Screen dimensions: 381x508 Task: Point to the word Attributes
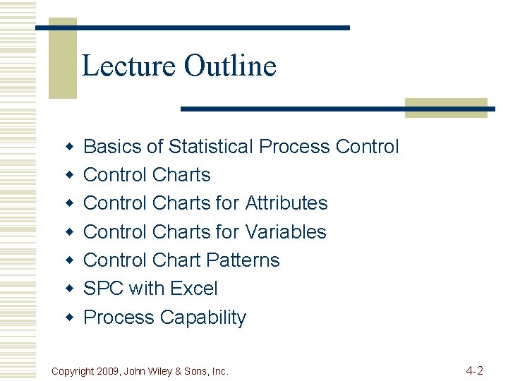pyautogui.click(x=286, y=203)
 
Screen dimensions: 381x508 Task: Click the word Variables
pyautogui.click(x=286, y=231)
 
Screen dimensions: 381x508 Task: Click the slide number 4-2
pyautogui.click(x=474, y=370)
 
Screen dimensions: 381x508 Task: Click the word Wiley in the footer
pyautogui.click(x=167, y=371)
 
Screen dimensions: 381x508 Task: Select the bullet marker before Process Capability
pyautogui.click(x=69, y=317)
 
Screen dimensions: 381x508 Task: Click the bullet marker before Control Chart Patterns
pyautogui.click(x=69, y=260)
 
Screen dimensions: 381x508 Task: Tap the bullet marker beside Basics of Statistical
pyautogui.click(x=69, y=147)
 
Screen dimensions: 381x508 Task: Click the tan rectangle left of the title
pyautogui.click(x=62, y=60)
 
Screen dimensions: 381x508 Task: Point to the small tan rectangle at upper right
pyautogui.click(x=446, y=107)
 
